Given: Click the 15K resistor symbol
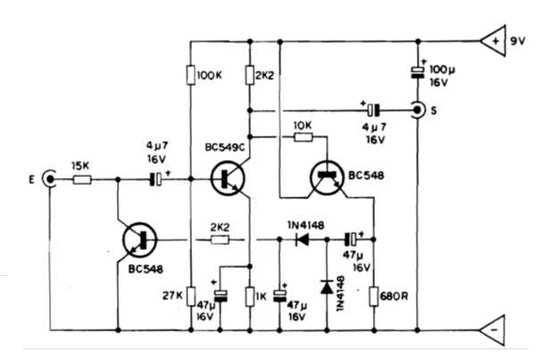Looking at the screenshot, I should click(81, 180).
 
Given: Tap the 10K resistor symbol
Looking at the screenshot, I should click(303, 138).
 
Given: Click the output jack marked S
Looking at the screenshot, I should click(417, 111).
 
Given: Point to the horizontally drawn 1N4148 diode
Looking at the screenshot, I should click(303, 239).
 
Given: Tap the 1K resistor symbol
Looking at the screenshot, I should click(251, 296).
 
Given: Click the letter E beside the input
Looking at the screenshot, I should click(31, 180).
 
